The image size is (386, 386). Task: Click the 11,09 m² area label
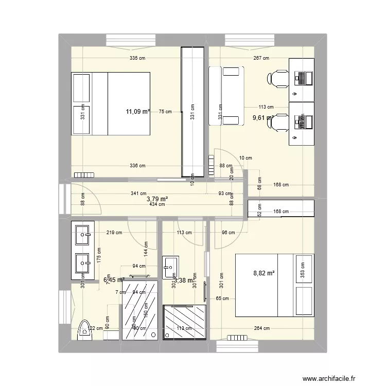point(138,111)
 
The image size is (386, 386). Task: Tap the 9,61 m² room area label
point(262,118)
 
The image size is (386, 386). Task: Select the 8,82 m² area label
point(264,274)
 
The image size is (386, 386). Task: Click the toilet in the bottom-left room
point(83,330)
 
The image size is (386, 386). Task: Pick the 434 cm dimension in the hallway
point(157,204)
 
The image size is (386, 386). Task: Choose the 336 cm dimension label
point(137,166)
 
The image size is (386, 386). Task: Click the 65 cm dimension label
point(222,299)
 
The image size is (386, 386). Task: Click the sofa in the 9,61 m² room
point(226,96)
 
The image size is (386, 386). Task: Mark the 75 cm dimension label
point(165,111)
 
